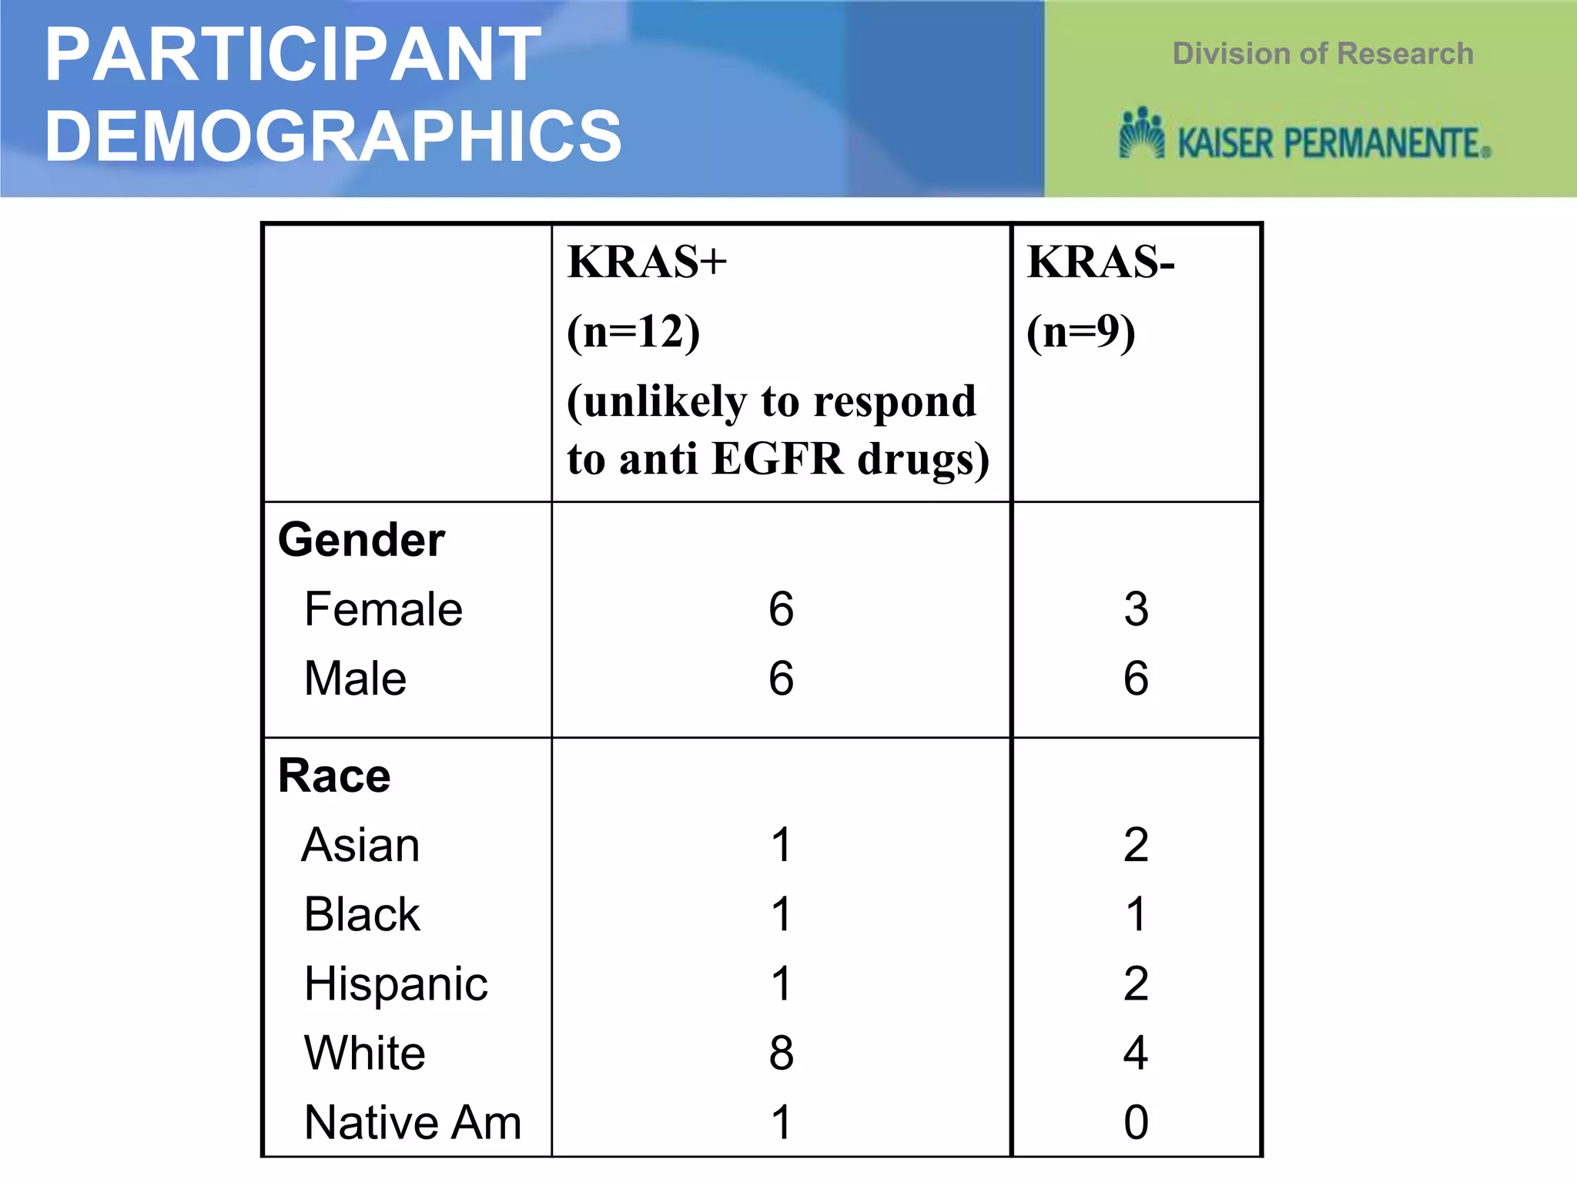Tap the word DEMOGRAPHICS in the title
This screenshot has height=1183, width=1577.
(333, 136)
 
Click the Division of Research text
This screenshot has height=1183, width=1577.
(1322, 54)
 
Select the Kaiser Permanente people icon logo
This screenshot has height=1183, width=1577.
(1141, 134)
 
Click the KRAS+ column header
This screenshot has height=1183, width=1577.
(647, 262)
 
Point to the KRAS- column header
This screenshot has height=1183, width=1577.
(1100, 262)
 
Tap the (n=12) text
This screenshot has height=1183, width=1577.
(633, 332)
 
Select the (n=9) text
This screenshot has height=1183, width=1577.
(1080, 332)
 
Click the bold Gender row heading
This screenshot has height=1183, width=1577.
(361, 539)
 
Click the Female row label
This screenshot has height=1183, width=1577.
(383, 609)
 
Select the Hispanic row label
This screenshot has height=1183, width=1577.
(396, 984)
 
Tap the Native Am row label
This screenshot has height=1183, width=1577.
(413, 1122)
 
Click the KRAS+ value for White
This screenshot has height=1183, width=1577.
(781, 1053)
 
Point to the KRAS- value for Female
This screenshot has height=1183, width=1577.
(1136, 609)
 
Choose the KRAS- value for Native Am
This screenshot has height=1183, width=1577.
(1136, 1122)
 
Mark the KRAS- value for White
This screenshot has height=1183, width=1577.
(1136, 1053)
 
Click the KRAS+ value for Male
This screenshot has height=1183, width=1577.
(781, 679)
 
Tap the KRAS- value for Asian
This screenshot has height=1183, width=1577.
(1136, 845)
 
